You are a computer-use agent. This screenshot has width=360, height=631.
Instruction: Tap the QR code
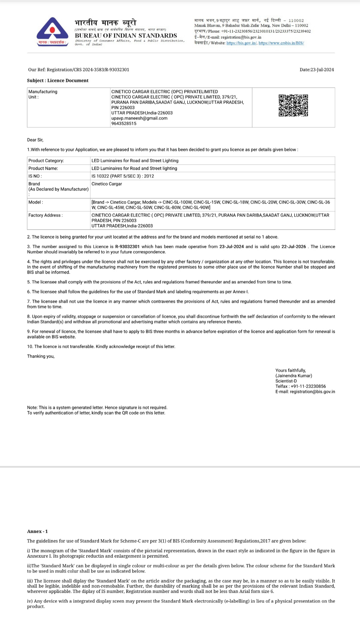pos(293,106)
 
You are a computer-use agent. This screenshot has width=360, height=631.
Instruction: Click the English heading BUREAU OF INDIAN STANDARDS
pos(126,36)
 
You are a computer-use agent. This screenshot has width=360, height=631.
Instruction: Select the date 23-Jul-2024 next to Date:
pos(322,70)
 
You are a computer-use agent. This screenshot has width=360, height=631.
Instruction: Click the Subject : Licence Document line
pos(58,81)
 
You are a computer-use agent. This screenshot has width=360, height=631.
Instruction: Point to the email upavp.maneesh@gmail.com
pos(139,118)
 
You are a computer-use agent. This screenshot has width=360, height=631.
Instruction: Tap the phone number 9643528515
pos(124,124)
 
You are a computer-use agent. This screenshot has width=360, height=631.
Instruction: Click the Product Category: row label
pos(46,161)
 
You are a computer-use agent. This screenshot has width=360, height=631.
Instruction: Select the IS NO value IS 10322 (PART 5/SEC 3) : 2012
pos(123,176)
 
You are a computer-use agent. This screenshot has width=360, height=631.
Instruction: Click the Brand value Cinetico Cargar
pos(107,184)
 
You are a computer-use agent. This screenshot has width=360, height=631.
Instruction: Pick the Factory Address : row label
pos(45,215)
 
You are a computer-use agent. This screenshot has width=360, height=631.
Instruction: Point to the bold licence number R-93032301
pos(127,247)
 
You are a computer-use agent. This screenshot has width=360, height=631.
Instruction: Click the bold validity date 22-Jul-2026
pos(294,247)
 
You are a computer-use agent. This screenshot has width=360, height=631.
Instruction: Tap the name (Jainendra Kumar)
pos(294,376)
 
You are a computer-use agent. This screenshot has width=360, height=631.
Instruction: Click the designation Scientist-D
pos(286,381)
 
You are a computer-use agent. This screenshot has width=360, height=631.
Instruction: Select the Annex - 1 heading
pos(37,531)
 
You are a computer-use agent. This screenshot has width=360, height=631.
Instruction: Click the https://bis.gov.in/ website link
pos(241,43)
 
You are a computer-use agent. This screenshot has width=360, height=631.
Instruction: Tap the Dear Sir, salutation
pos(35,140)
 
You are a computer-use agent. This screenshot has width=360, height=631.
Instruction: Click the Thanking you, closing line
pos(41,356)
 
